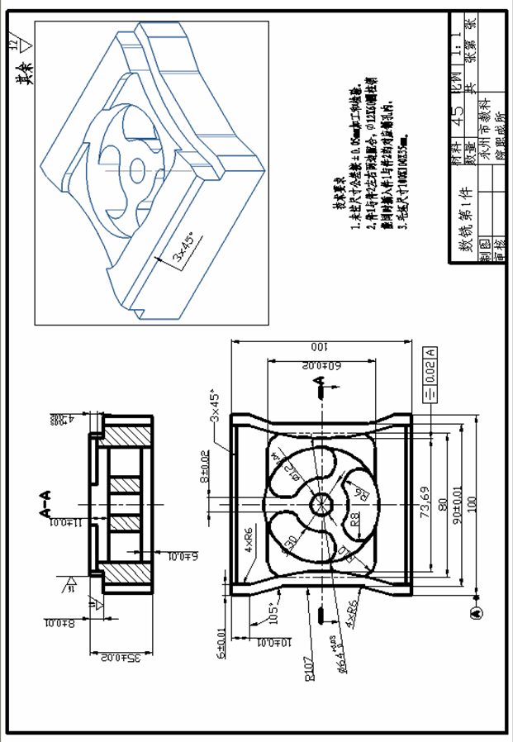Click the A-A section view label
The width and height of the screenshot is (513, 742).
click(47, 503)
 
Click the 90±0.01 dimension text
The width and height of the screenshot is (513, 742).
click(458, 502)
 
